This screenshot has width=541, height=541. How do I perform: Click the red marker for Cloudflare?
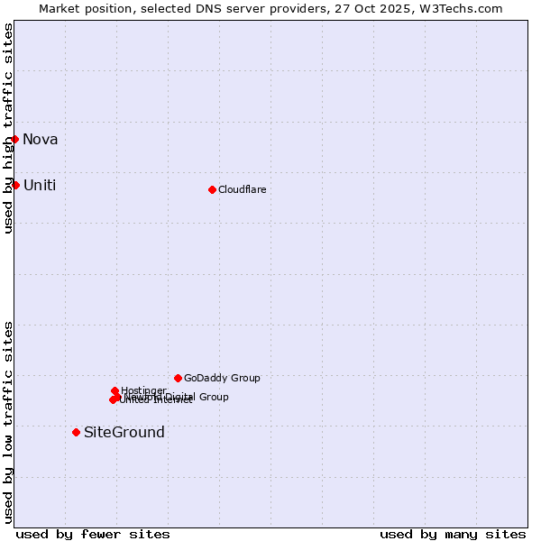(212, 189)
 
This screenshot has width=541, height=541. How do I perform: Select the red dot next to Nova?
(14, 139)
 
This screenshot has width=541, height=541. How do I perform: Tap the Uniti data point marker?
(15, 185)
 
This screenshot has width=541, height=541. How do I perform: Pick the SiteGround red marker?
(76, 432)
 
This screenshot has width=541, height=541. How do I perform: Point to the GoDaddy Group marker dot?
(178, 378)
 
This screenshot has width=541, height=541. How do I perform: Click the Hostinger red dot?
(115, 390)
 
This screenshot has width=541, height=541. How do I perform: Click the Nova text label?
(41, 139)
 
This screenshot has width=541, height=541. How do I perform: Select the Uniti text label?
(40, 185)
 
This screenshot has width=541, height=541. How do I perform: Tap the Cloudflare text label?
(242, 189)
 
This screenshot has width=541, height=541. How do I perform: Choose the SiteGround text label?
(124, 432)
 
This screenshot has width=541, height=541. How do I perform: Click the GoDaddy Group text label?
(222, 378)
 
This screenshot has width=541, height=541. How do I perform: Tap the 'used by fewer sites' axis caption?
(93, 534)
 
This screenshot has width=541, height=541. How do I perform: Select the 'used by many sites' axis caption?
(453, 534)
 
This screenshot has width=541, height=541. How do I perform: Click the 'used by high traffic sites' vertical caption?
(8, 128)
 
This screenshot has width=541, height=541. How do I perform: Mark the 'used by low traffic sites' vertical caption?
(8, 422)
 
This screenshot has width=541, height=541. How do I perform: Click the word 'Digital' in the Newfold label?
(179, 397)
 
